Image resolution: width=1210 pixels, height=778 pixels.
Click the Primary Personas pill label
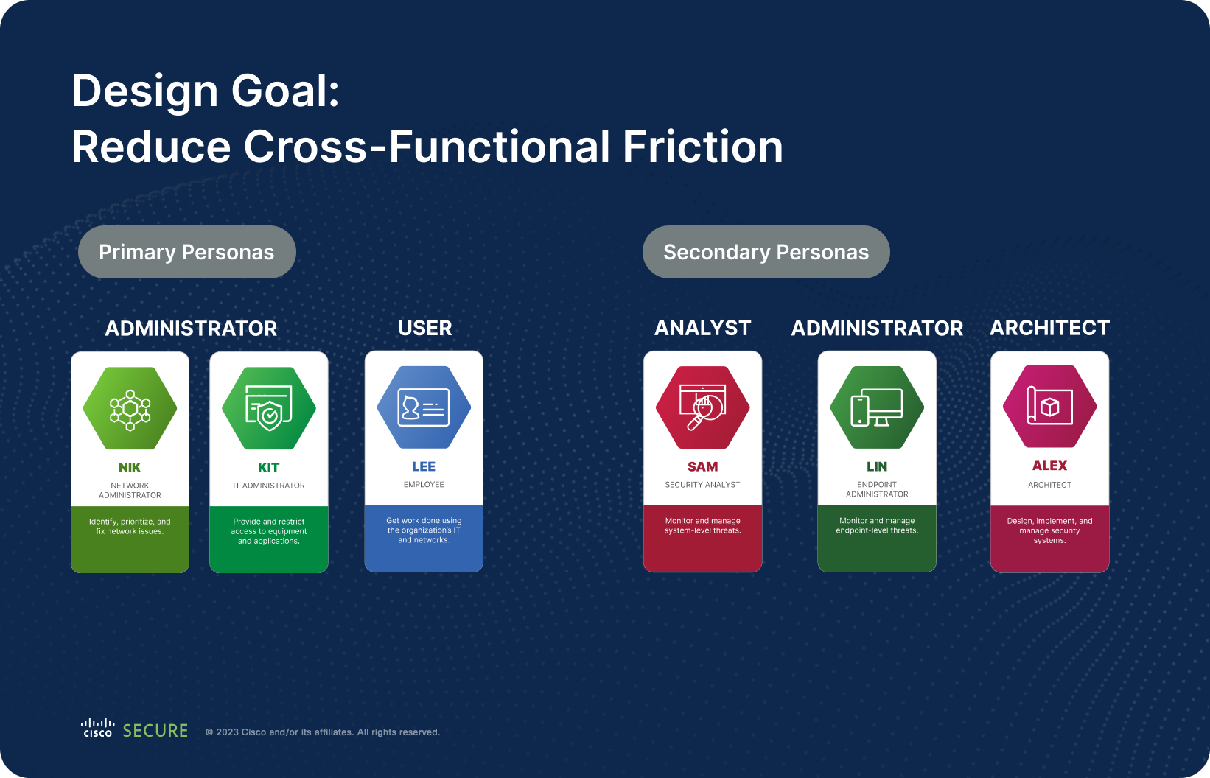[186, 252]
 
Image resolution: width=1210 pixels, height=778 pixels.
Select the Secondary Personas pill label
[766, 252]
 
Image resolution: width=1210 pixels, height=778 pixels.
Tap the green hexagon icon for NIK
[130, 408]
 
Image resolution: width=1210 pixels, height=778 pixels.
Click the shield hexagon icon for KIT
[269, 408]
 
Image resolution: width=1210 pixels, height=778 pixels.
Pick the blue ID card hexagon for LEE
[424, 407]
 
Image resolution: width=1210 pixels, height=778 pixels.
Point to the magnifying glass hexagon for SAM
[703, 407]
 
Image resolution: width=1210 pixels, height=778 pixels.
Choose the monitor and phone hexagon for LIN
[877, 407]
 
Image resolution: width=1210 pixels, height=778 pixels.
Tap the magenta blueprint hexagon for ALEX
[1049, 407]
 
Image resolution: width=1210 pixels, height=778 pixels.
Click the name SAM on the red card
[703, 467]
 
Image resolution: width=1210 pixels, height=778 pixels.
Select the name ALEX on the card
[1049, 466]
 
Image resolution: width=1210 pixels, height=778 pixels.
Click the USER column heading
[424, 328]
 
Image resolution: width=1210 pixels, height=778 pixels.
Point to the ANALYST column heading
[703, 328]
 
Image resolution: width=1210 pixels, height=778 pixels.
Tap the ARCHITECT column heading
[1049, 328]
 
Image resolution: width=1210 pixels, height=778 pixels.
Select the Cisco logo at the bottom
[97, 728]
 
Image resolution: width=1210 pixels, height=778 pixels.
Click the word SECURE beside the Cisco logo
[155, 731]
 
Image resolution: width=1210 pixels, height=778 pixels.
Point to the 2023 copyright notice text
[323, 732]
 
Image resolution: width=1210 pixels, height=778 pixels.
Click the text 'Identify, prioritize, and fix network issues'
[130, 526]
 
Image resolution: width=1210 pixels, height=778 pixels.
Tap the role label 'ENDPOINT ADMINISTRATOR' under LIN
[877, 489]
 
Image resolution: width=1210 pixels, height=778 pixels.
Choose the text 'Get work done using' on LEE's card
[424, 520]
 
